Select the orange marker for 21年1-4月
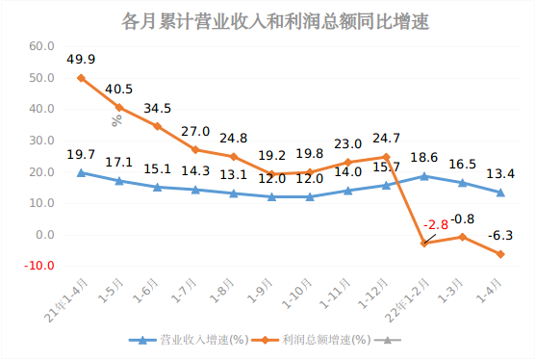(x=81, y=78)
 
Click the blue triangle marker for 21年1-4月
(x=81, y=172)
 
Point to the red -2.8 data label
(x=436, y=224)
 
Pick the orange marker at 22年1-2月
(x=423, y=244)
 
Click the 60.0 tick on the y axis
(x=41, y=46)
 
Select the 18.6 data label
(x=423, y=157)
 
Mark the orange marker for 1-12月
(x=386, y=157)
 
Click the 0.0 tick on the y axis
(x=44, y=235)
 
